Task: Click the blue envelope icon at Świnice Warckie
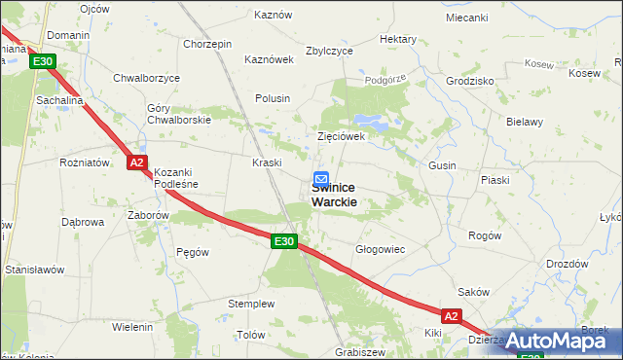click(320, 179)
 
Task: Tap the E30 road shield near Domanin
click(42, 61)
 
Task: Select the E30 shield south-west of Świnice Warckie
click(283, 241)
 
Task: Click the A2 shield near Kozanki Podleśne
click(137, 162)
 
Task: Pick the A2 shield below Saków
click(450, 316)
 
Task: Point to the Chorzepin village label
click(207, 45)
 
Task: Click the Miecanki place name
click(466, 18)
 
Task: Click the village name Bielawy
click(526, 123)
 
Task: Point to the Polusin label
click(273, 98)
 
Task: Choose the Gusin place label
click(442, 166)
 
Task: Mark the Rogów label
click(485, 235)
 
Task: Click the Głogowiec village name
click(380, 249)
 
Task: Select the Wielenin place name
click(132, 327)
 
